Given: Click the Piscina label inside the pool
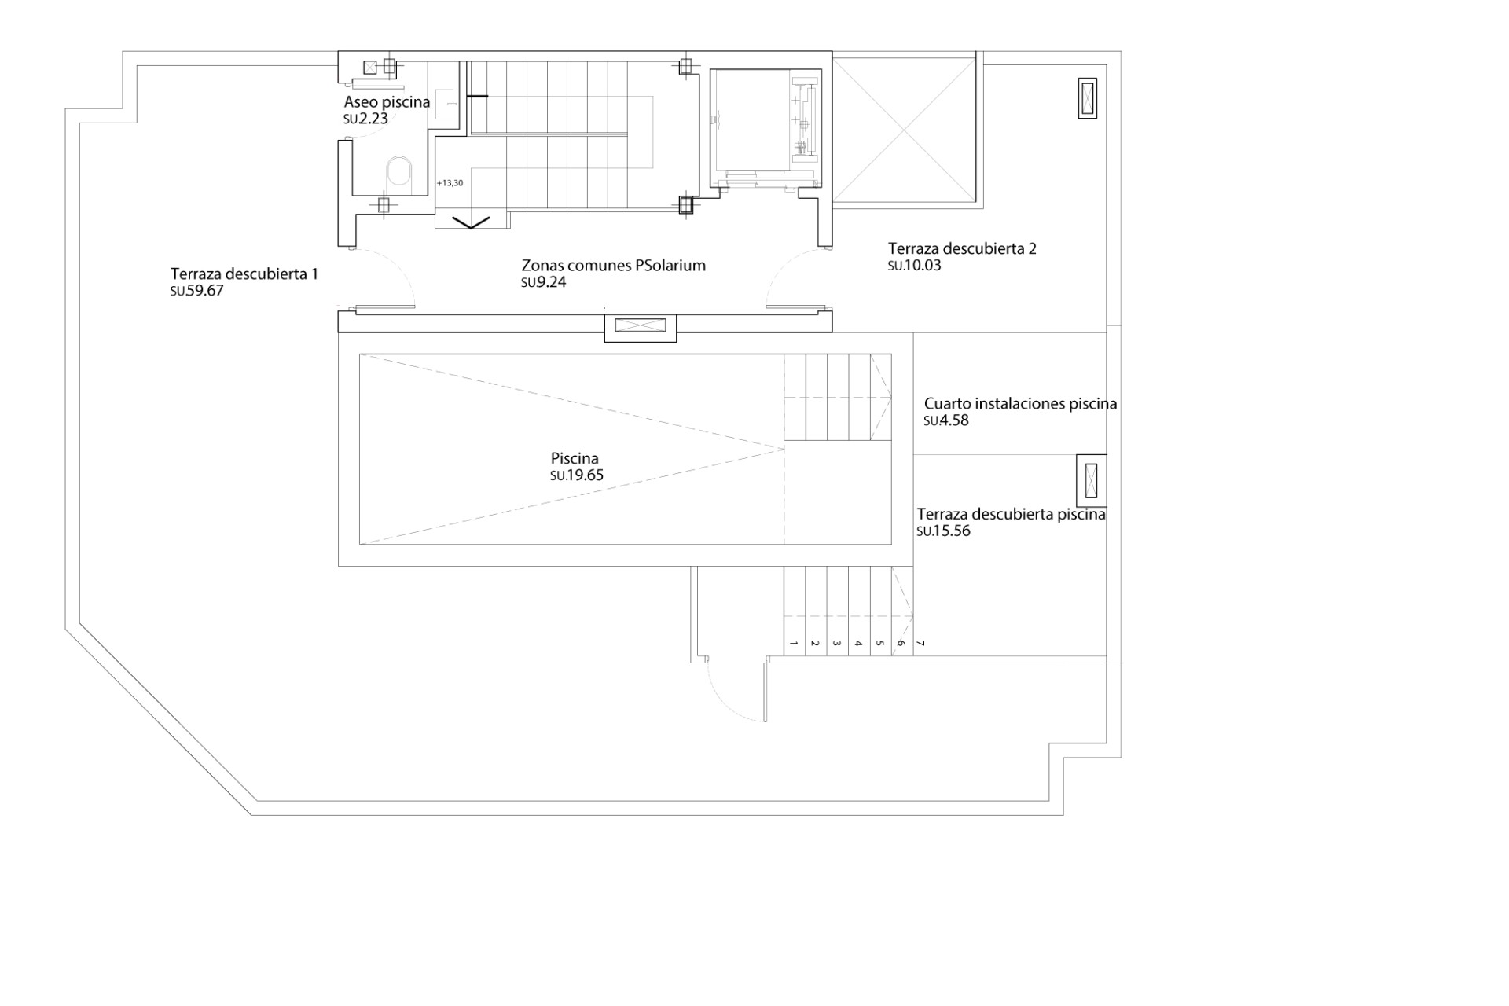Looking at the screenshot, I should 575,458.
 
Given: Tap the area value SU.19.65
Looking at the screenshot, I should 577,475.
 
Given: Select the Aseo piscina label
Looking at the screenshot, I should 387,102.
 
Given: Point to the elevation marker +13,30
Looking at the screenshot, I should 450,183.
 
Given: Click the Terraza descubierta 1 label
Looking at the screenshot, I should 244,274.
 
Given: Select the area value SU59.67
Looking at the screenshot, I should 196,291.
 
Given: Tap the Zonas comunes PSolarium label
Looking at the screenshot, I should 613,266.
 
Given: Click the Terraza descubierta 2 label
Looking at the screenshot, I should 962,249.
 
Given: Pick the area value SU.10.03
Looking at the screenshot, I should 914,266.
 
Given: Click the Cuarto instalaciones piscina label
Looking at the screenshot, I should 1020,404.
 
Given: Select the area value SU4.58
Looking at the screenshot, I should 946,420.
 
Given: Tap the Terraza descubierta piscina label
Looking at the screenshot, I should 1011,515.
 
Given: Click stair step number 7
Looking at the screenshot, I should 921,644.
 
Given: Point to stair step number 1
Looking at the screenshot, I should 794,644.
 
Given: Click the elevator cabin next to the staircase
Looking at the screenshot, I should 751,119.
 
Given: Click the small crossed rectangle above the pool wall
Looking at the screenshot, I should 640,325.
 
